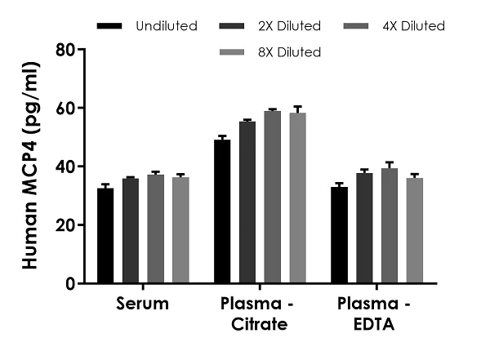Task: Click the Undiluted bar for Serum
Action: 105,236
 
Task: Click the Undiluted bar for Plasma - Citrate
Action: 222,211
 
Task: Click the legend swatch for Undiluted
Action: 109,26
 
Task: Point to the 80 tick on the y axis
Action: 81,50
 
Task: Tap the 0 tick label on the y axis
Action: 69,284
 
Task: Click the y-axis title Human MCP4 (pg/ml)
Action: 29,167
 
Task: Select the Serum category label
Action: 142,305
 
